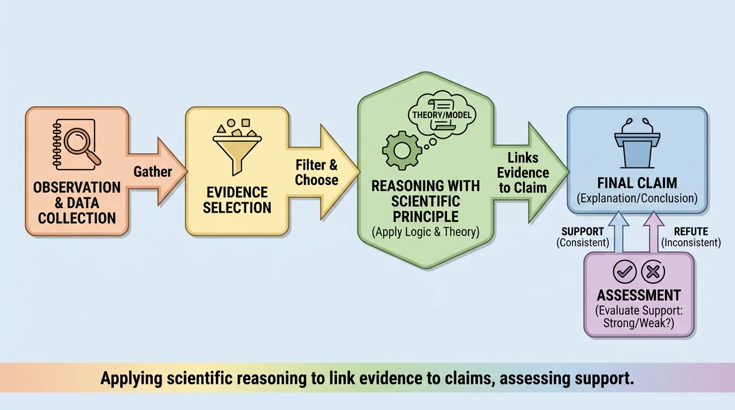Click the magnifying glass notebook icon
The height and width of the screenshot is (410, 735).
pos(78,144)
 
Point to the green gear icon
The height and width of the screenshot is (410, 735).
pos(402,151)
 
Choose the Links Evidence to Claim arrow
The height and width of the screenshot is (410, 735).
pos(527,172)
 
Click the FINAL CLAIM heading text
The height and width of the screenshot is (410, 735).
pos(637,183)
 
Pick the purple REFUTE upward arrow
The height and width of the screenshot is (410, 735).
pos(652,232)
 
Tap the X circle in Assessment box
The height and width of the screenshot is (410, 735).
pos(652,273)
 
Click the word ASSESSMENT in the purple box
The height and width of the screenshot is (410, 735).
pos(638,295)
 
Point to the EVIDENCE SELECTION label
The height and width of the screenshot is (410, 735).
pos(237,200)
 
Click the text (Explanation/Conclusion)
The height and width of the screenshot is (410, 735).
pos(637,199)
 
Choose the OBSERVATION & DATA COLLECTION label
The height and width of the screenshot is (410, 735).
pos(77,203)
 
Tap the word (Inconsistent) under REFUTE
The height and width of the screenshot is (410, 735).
pos(691,243)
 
